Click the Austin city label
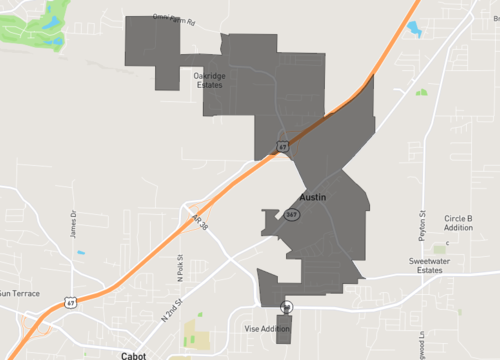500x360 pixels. click(x=313, y=198)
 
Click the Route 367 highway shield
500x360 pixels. click(x=292, y=215)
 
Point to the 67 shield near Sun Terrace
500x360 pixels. click(x=68, y=301)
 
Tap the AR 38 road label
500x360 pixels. click(x=197, y=222)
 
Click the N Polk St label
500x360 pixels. click(x=181, y=268)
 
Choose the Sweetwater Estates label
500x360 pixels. click(x=431, y=265)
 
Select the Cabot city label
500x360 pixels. click(x=133, y=354)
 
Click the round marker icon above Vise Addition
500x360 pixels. click(x=288, y=307)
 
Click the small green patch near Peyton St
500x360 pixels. click(x=421, y=93)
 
